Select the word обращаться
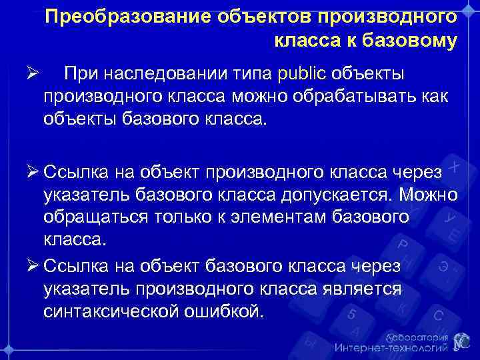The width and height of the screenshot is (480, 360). coord(91,217)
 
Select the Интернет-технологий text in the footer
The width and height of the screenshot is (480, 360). coord(391,348)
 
